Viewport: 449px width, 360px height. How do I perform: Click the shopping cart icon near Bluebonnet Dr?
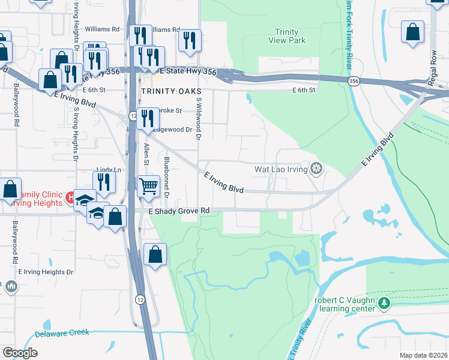coord(148,185)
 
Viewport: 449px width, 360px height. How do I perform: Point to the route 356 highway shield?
coord(355,80)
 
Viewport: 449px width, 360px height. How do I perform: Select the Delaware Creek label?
coord(61,333)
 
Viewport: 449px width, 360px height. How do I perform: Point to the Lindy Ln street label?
coord(109,170)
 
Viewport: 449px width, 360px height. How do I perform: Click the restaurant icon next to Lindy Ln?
coord(105,182)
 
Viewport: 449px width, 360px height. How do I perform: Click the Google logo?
coord(20,353)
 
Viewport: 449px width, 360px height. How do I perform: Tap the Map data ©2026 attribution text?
coord(423,355)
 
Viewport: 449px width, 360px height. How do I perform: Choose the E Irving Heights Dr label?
coord(46,272)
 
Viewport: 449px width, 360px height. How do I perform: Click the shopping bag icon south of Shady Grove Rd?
coord(155,254)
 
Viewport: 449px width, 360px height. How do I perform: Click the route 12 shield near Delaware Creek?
coord(139,299)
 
